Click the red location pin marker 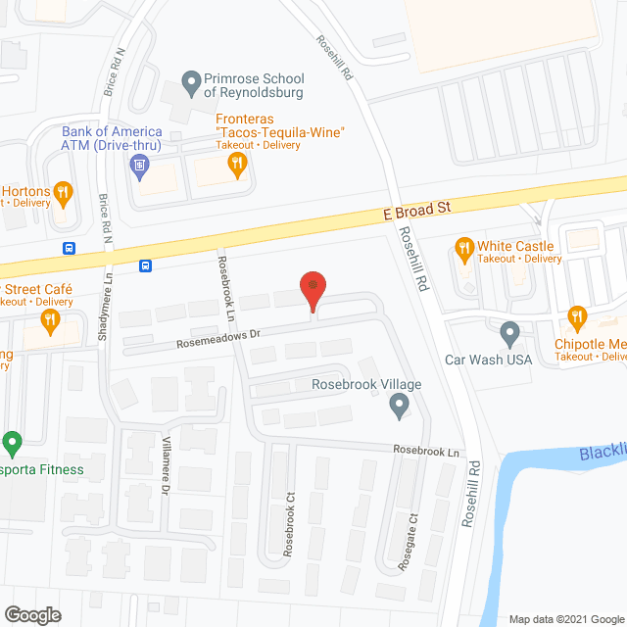(x=312, y=288)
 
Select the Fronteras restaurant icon (x=236, y=167)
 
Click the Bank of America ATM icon (x=140, y=166)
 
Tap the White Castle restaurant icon (x=464, y=246)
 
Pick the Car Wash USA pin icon (x=509, y=334)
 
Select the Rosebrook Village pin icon (x=399, y=404)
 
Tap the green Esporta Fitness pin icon (x=13, y=444)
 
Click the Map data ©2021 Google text (x=565, y=619)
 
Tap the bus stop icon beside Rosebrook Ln (x=145, y=265)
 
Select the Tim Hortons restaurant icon (x=62, y=191)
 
